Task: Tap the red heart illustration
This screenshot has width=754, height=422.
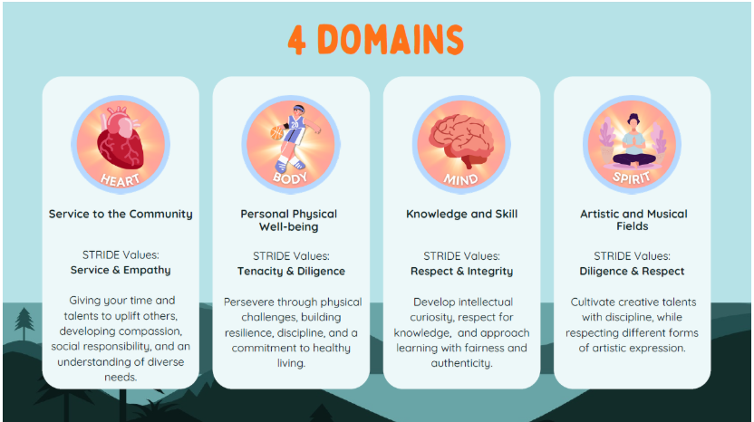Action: (121, 139)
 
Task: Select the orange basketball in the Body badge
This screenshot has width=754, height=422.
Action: (276, 132)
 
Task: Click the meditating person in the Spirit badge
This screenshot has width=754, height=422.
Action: (633, 141)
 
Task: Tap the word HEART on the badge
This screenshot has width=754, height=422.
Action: (121, 180)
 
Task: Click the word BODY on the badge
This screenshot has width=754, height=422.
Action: (290, 178)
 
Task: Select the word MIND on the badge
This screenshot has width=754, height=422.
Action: (460, 180)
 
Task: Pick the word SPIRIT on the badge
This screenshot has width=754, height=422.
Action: (631, 177)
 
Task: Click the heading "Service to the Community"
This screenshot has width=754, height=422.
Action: (121, 214)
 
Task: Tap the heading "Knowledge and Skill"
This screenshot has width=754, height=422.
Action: (461, 214)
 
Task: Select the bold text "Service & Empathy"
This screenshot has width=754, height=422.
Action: (121, 270)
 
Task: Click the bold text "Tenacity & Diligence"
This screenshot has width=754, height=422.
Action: (291, 271)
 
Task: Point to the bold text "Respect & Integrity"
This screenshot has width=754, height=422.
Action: (461, 271)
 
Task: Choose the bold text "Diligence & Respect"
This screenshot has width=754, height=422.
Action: (632, 271)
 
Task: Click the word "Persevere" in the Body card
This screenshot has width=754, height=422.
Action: (247, 302)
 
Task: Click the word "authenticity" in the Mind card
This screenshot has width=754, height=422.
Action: (460, 363)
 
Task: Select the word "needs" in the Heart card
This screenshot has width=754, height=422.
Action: (121, 378)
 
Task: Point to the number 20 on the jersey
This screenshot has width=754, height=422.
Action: (295, 124)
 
